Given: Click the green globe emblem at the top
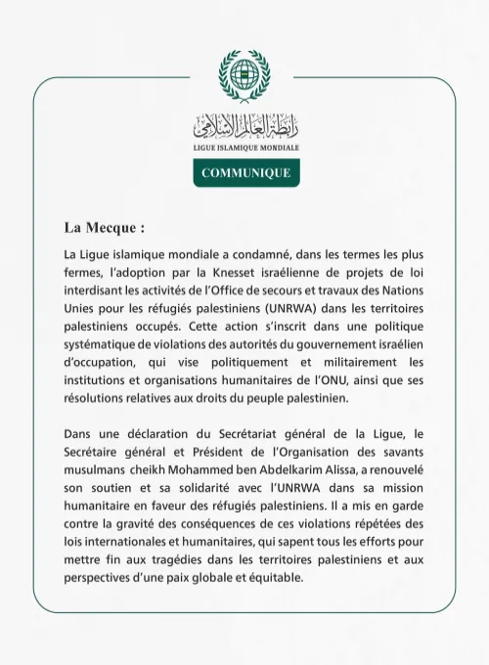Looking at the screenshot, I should tap(244, 74).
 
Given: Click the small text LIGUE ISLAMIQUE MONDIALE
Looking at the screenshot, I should tap(245, 148).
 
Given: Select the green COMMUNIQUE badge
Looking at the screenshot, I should tap(245, 172).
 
